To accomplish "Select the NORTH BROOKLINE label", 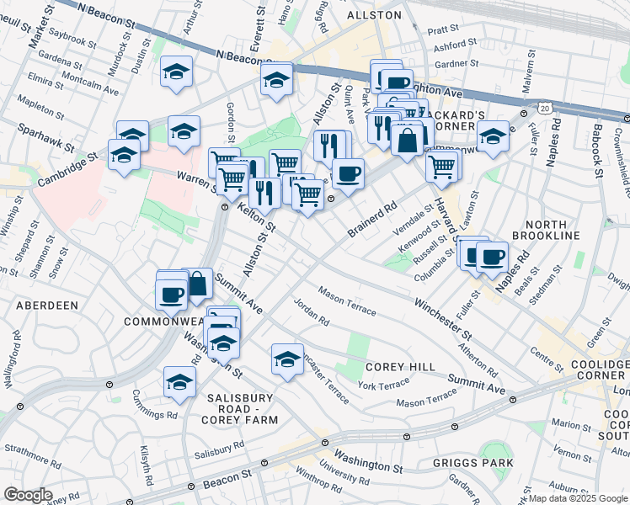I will pos(552,229).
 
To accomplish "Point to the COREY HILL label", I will pos(400,367).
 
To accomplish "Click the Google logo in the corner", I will pos(28,495).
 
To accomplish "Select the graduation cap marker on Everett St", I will pos(275,81).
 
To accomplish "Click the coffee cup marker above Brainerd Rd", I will pos(347,173).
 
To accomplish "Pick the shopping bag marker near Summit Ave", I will pos(197,284).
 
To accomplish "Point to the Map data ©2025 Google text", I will pos(578,498).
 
